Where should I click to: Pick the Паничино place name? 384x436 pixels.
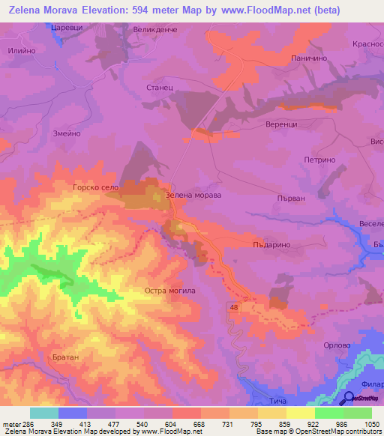(x=306, y=58)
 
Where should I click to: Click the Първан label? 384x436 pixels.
(x=311, y=199)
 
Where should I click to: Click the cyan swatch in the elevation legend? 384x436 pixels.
(x=43, y=413)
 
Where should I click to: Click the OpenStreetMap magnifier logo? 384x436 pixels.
(x=348, y=397)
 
